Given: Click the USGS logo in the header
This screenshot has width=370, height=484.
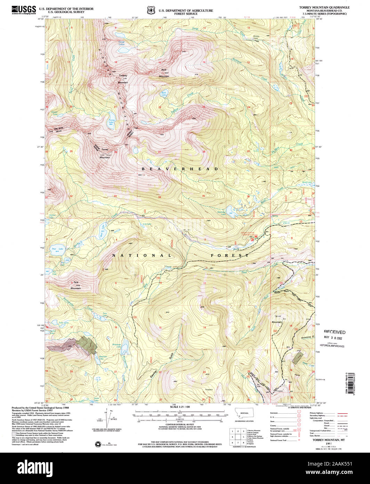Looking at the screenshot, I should [23, 9].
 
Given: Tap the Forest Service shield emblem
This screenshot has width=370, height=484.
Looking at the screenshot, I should [151, 10].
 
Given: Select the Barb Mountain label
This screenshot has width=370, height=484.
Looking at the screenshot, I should [164, 74].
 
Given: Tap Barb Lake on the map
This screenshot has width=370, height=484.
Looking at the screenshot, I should [163, 93].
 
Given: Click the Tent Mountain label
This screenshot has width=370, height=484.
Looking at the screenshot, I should [75, 285].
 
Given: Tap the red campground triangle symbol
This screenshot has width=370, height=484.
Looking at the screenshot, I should [256, 236].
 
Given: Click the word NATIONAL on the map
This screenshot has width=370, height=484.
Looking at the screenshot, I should [142, 256].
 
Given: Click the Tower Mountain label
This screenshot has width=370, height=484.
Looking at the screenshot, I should [277, 319].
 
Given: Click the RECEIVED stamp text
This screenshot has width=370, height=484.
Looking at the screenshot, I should [335, 332].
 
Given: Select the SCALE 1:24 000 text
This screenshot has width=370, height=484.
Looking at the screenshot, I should [180, 407].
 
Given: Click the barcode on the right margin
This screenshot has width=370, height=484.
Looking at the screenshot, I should [354, 383].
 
